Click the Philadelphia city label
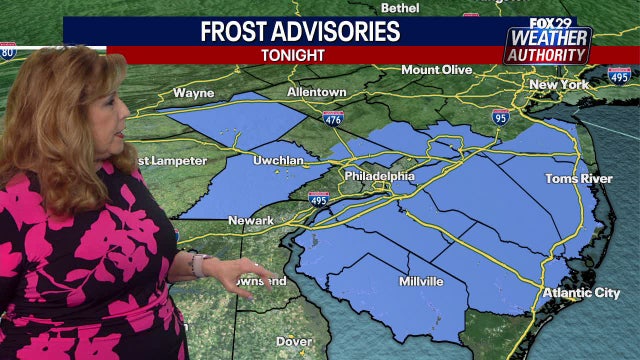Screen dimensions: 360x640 point(378,176)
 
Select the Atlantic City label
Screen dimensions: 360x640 point(580,293)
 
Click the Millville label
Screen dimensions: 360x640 point(420,282)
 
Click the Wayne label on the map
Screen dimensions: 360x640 point(193,93)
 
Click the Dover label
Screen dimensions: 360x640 point(293,341)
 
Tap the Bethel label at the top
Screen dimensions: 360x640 point(400,7)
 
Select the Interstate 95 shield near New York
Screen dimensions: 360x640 point(500,118)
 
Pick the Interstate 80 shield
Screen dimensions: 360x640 point(7,51)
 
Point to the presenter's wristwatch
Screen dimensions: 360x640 point(198,265)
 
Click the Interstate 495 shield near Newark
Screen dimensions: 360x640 point(318,200)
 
